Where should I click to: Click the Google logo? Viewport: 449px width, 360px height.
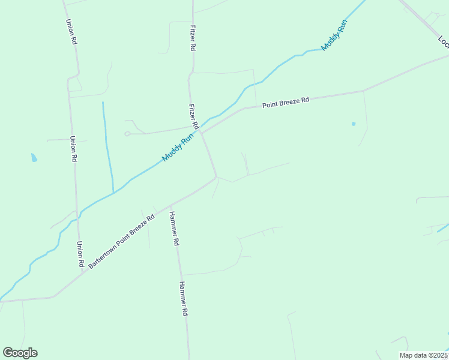[20, 353]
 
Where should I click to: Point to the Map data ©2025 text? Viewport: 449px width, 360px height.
[423, 355]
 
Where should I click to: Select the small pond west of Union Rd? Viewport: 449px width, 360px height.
[34, 158]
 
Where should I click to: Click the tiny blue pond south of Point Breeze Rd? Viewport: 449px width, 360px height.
[354, 124]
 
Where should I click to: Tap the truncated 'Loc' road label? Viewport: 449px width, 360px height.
[443, 41]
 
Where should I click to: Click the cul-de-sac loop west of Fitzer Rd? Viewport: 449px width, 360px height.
[127, 134]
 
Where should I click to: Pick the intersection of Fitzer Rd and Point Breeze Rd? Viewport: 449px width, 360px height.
[200, 133]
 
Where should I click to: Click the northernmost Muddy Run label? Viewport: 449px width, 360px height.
[334, 35]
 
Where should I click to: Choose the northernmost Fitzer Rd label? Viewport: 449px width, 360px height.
[192, 37]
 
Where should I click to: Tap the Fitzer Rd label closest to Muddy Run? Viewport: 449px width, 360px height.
[193, 116]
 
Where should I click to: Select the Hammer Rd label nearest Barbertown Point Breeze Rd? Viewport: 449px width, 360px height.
[174, 229]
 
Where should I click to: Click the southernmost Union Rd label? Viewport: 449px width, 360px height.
[80, 254]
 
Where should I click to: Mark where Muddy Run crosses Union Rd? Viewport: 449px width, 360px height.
[76, 218]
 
